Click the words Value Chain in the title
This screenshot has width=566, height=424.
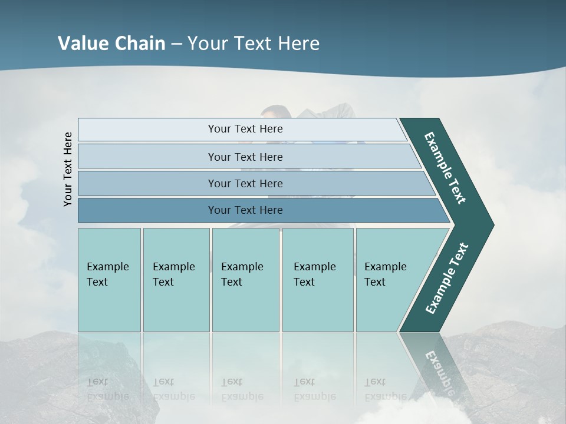[111, 43]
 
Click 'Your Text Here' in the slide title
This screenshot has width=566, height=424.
[254, 43]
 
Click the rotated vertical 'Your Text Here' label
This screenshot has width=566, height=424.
[68, 169]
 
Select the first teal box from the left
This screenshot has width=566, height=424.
[109, 280]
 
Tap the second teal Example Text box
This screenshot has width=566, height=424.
[176, 280]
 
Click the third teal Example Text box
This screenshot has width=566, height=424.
[245, 280]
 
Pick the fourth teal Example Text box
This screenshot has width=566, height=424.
[318, 280]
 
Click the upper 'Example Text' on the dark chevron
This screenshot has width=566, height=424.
[445, 168]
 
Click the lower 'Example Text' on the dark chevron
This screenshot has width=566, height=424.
[447, 279]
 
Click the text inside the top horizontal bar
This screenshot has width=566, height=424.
[245, 129]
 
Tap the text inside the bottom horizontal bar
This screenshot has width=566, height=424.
[245, 210]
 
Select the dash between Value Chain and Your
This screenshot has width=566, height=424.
[176, 44]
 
